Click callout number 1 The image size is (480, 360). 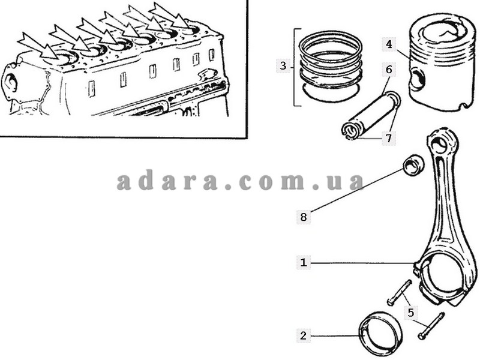click(x=304, y=262)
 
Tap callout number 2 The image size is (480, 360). click(x=303, y=335)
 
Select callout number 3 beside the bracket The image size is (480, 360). click(x=283, y=65)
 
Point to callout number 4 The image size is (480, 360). click(x=389, y=44)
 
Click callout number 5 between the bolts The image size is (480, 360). click(x=411, y=313)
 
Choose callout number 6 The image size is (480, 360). click(x=389, y=70)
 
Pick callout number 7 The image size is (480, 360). click(x=389, y=138)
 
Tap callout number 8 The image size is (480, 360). click(x=304, y=217)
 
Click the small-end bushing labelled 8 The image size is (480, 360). click(x=413, y=166)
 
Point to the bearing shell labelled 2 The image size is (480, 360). click(x=380, y=334)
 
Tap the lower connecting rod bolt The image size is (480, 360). click(x=431, y=326)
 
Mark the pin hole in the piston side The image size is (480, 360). click(x=417, y=80)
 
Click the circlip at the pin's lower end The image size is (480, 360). click(x=349, y=131)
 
